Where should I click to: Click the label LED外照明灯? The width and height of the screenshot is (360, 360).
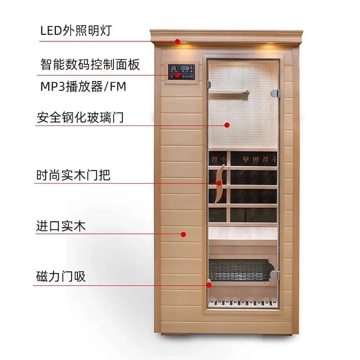pyautogui.click(x=76, y=31)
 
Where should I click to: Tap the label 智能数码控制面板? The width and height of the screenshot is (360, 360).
pyautogui.click(x=90, y=64)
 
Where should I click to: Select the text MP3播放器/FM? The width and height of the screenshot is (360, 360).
pyautogui.click(x=83, y=86)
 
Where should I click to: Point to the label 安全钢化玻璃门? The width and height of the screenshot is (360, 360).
pyautogui.click(x=80, y=117)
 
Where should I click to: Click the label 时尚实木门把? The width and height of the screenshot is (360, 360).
pyautogui.click(x=73, y=175)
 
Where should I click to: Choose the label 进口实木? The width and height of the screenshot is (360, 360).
pyautogui.click(x=61, y=226)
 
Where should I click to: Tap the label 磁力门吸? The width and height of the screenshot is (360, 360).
pyautogui.click(x=61, y=276)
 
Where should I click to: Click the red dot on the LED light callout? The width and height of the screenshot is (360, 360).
pyautogui.click(x=177, y=41)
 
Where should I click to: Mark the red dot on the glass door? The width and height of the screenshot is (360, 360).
pyautogui.click(x=227, y=125)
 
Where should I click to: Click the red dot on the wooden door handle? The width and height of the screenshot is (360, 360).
pyautogui.click(x=219, y=183)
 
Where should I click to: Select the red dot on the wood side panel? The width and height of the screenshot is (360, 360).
pyautogui.click(x=183, y=234)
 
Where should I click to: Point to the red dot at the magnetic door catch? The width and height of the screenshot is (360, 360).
pyautogui.click(x=209, y=285)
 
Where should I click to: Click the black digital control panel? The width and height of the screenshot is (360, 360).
pyautogui.click(x=181, y=72)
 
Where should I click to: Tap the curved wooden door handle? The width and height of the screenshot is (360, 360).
pyautogui.click(x=220, y=184)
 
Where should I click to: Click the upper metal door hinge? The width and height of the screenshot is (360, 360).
pyautogui.click(x=275, y=93)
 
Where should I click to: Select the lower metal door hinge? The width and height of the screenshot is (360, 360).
pyautogui.click(x=275, y=275)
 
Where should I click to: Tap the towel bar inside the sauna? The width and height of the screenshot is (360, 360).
pyautogui.click(x=229, y=92)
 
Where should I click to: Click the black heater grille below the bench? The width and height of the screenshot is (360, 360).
pyautogui.click(x=242, y=270)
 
